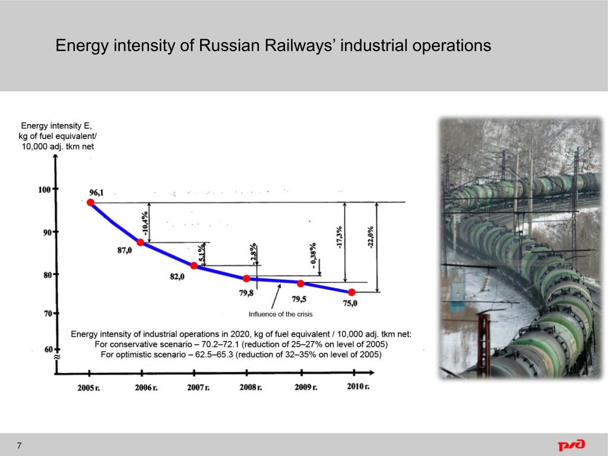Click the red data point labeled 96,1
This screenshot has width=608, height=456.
click(90, 202)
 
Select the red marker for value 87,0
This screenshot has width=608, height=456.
click(141, 242)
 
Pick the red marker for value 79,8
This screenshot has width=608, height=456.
click(246, 278)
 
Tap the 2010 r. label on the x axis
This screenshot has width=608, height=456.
click(358, 387)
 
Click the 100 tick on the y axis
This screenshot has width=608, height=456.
click(45, 189)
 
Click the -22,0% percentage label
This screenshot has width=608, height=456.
click(371, 237)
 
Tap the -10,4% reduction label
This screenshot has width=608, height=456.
click(144, 223)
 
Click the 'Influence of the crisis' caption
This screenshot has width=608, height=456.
click(280, 314)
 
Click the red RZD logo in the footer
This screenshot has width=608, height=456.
click(571, 445)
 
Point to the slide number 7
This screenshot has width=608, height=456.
click(20, 446)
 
